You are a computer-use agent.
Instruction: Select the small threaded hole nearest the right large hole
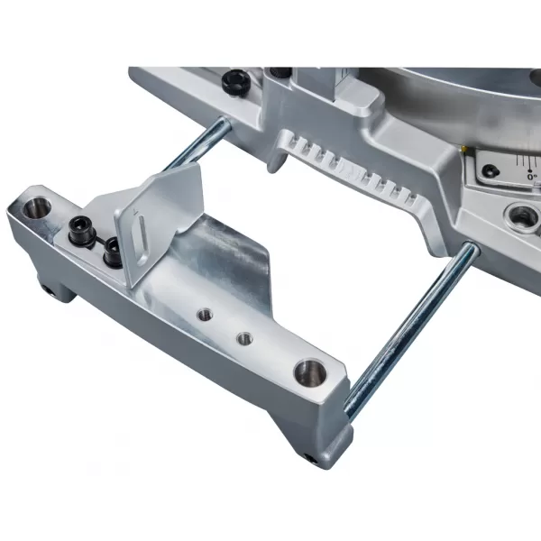[x=243, y=339]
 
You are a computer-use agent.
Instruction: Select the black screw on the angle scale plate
[x=493, y=170]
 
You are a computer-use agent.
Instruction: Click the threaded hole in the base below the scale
[x=522, y=215]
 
